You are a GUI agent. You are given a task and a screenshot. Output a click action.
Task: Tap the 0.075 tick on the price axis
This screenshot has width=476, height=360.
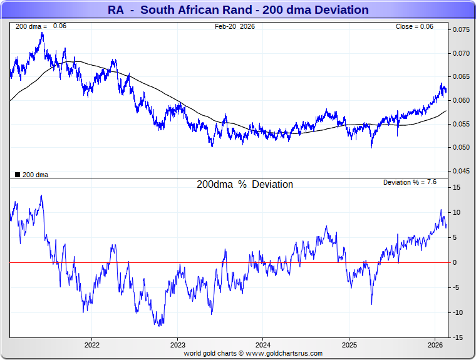pyautogui.click(x=462, y=30)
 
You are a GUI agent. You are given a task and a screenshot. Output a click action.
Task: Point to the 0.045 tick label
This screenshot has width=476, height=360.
pyautogui.click(x=462, y=171)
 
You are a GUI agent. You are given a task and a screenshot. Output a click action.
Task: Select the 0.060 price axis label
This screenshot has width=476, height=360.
pyautogui.click(x=462, y=100)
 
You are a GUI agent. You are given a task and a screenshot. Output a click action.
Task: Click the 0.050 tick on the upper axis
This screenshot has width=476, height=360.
pyautogui.click(x=462, y=148)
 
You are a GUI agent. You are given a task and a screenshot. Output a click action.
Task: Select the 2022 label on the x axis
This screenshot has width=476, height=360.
pyautogui.click(x=92, y=345)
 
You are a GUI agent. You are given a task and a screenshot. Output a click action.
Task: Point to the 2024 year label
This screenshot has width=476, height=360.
pyautogui.click(x=263, y=345)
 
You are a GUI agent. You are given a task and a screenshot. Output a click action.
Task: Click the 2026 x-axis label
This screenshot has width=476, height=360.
pyautogui.click(x=435, y=345)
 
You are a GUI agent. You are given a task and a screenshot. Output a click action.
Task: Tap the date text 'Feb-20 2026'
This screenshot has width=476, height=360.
pyautogui.click(x=235, y=26)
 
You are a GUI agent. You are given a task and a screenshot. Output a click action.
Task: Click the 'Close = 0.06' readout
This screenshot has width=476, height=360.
pyautogui.click(x=414, y=26)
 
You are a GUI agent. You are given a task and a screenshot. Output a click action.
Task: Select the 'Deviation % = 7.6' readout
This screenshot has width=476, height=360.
pyautogui.click(x=410, y=182)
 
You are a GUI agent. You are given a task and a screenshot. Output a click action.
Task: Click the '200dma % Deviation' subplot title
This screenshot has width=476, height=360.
pyautogui.click(x=245, y=185)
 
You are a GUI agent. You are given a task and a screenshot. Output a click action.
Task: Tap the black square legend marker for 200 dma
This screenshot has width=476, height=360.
pyautogui.click(x=18, y=175)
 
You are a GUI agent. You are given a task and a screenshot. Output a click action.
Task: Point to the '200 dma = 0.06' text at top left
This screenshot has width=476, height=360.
pyautogui.click(x=41, y=26)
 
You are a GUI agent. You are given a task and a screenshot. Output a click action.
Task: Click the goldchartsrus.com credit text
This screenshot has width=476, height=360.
pyautogui.click(x=253, y=354)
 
